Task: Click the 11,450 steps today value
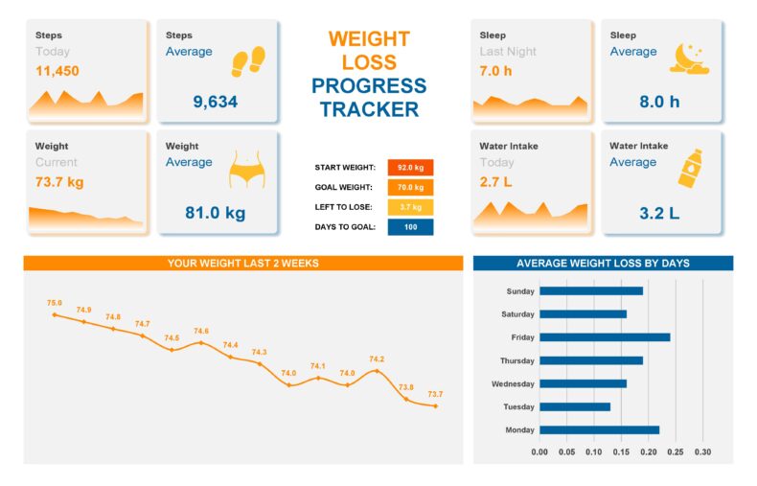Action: tap(57, 71)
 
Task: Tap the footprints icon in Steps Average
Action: tap(248, 62)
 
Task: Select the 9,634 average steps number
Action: tap(215, 102)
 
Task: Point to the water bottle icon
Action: tap(688, 167)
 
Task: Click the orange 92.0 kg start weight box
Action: tap(410, 167)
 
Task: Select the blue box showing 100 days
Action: tap(410, 227)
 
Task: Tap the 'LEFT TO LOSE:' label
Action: tap(344, 207)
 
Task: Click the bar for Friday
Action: tap(604, 337)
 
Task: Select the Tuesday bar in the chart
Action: tap(574, 406)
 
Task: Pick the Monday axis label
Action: tap(520, 430)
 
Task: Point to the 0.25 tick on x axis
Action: tap(676, 451)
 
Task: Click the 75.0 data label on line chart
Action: tap(55, 303)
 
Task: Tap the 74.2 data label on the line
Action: tap(377, 359)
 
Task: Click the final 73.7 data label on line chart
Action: tap(435, 394)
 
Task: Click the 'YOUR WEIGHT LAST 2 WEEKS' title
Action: tap(242, 263)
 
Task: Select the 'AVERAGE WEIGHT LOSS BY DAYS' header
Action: tap(603, 263)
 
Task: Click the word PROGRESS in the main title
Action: tap(369, 86)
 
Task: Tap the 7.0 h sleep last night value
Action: tap(496, 71)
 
